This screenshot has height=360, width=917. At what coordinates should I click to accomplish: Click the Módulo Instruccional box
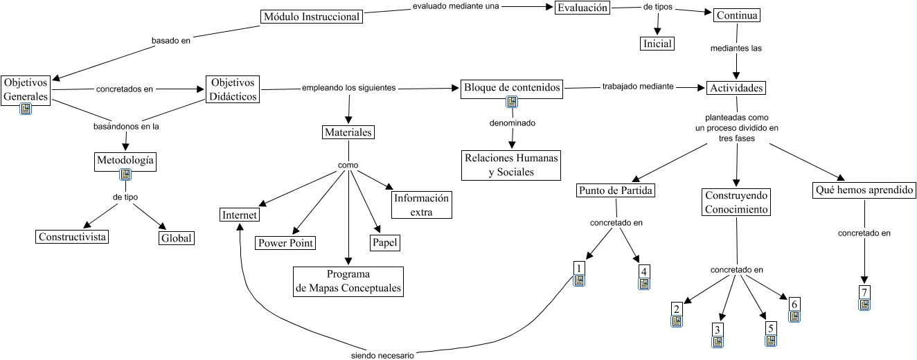[312, 17]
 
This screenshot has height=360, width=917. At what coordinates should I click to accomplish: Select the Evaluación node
[582, 8]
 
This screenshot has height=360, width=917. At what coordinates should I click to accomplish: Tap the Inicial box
[657, 44]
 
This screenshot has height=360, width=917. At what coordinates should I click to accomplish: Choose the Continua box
[737, 15]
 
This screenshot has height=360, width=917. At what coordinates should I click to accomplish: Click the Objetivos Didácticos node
[232, 89]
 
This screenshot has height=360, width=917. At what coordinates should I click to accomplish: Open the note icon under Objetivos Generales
[26, 109]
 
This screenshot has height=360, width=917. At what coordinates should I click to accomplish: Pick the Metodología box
[125, 161]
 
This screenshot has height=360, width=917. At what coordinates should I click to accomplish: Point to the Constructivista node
[73, 237]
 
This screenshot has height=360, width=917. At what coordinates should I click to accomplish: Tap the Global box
[176, 237]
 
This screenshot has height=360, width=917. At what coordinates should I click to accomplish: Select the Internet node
[240, 215]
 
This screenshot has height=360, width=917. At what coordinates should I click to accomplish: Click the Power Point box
[285, 242]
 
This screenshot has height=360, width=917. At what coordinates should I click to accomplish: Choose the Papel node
[384, 242]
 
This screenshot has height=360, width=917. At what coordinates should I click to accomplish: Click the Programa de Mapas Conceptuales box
[348, 282]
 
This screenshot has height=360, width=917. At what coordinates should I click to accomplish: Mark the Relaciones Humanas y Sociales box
[511, 165]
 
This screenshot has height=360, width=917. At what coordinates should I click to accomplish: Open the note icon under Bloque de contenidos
[512, 102]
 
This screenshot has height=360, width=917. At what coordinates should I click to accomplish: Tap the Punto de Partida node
[615, 190]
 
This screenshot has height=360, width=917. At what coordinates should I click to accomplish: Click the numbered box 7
[864, 291]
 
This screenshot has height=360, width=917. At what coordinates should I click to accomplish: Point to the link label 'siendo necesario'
[382, 356]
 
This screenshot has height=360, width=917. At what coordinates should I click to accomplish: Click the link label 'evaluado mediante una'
[455, 7]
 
